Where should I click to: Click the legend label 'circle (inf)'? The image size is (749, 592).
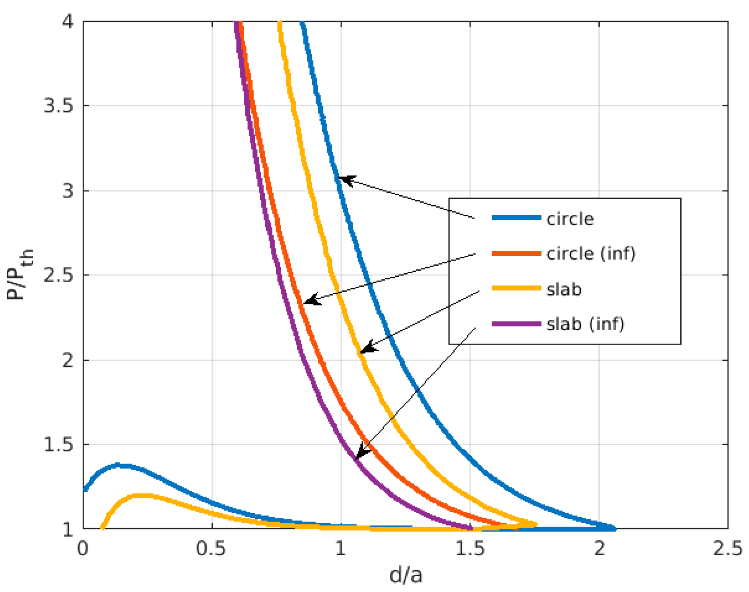pos(591,254)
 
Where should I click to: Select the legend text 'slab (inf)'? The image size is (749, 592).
pos(585,324)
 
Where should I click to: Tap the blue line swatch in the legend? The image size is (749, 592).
pos(516,218)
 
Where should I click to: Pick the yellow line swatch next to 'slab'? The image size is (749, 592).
pos(516,288)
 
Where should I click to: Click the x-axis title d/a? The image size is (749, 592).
pos(406,575)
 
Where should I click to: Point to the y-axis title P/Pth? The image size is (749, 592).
pos(20,275)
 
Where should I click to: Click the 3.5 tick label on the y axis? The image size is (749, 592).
pos(58,106)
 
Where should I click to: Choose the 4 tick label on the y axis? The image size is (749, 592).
pos(67,21)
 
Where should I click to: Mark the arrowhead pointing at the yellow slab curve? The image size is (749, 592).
pos(365,349)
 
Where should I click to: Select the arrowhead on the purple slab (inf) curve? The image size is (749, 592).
pos(359,454)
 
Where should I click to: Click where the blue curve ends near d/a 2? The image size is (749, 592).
pos(614,529)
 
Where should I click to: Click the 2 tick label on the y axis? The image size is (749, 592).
pos(67,360)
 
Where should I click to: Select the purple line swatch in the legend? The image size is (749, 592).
pos(516,324)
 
